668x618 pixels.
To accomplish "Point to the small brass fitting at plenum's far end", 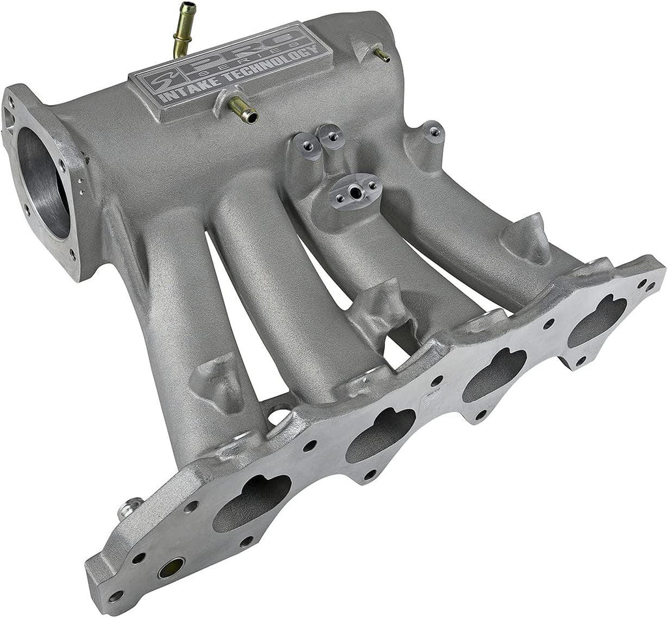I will (x=382, y=55).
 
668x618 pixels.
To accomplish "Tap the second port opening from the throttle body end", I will (x=382, y=434).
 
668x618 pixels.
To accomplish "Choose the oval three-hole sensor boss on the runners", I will (x=354, y=192).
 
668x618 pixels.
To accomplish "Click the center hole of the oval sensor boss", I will (x=354, y=192).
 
